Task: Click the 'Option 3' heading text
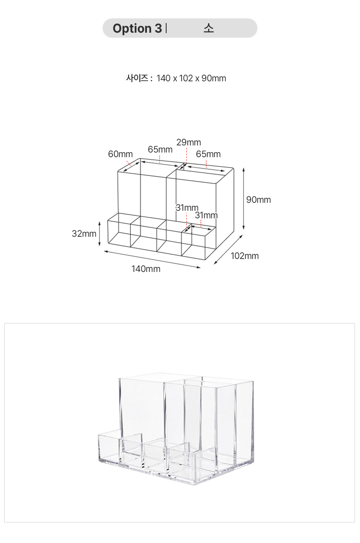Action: (x=137, y=28)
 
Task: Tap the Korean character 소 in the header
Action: (x=208, y=28)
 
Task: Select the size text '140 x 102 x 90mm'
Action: (x=191, y=78)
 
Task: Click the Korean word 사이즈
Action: (x=137, y=78)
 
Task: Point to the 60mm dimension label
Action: (x=121, y=154)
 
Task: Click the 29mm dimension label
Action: (x=189, y=142)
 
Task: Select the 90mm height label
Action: (x=259, y=200)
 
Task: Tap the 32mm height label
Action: (x=84, y=234)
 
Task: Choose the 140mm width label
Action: (x=146, y=269)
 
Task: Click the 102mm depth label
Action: (x=245, y=256)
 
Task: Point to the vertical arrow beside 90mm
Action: (x=244, y=198)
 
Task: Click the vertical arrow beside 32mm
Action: (x=99, y=234)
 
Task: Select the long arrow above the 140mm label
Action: (x=152, y=259)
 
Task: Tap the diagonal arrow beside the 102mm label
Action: (x=228, y=249)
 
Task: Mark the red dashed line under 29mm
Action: (x=187, y=155)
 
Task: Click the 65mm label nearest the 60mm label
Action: (x=160, y=150)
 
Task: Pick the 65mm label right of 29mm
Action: (x=208, y=154)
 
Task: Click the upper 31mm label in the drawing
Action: (x=187, y=208)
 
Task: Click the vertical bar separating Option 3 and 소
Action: (x=166, y=28)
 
